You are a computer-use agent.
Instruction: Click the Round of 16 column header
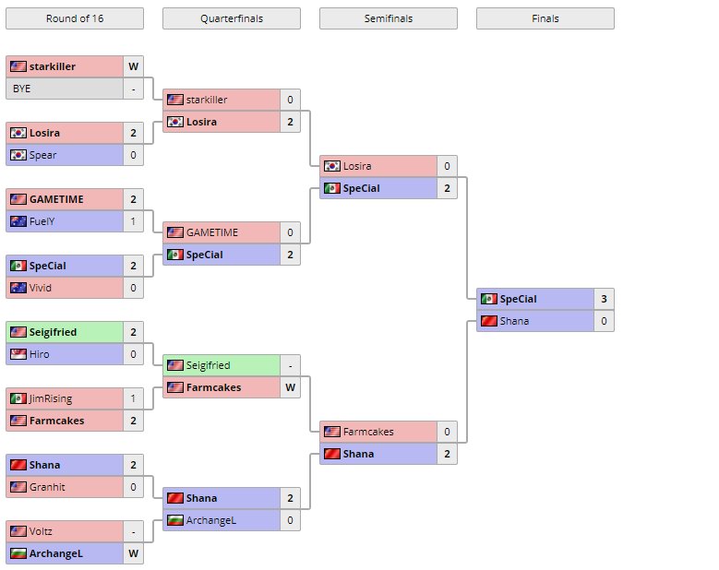pos(74,18)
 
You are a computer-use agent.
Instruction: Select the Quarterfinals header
pos(231,18)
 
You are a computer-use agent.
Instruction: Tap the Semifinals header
pos(388,18)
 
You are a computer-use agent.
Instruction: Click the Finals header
pos(545,18)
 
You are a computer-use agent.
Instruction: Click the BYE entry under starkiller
pos(22,89)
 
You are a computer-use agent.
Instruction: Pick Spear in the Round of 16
pos(43,155)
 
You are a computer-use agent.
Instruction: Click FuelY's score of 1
pos(133,221)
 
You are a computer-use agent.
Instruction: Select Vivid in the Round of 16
pos(42,288)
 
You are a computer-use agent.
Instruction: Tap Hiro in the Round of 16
pos(41,354)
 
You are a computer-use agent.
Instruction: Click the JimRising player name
pos(51,398)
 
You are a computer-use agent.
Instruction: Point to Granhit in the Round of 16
pos(47,487)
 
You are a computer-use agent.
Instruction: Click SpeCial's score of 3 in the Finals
pos(604,299)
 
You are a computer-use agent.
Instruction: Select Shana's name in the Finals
pos(514,321)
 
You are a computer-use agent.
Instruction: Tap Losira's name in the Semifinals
pos(357,166)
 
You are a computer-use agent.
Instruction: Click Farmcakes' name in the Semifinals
pos(368,432)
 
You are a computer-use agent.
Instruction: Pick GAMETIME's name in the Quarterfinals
pos(212,232)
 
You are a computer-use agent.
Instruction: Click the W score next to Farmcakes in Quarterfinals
pos(290,387)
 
